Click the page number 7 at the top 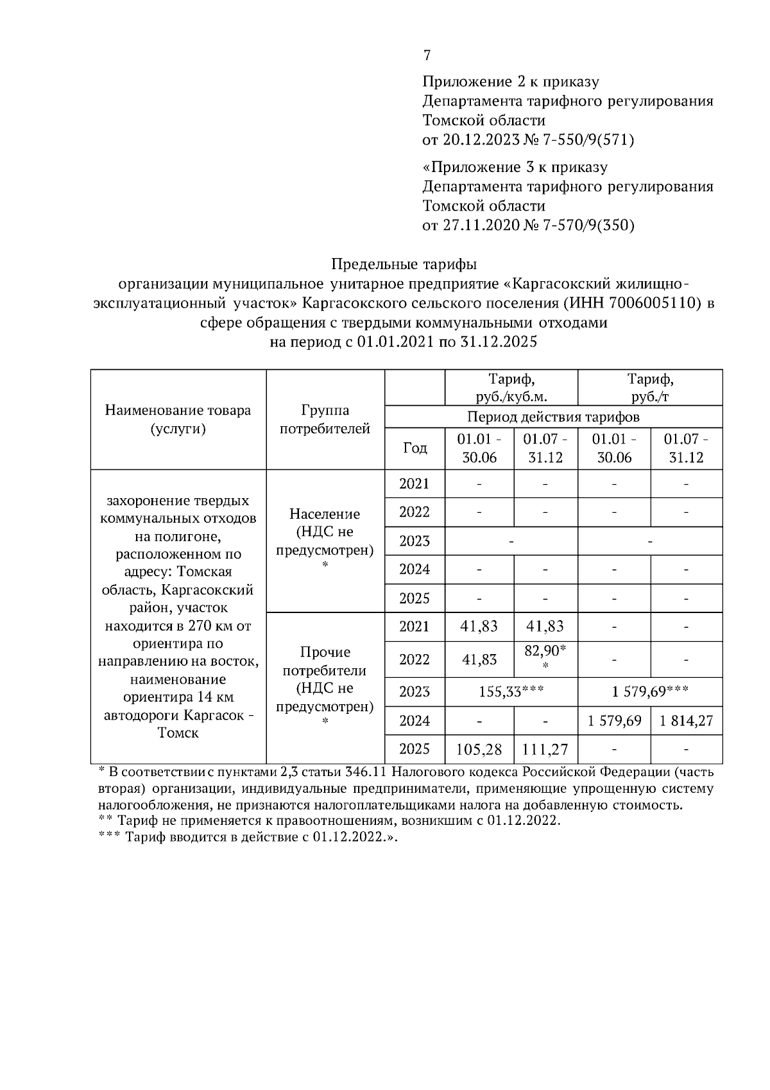[x=427, y=56]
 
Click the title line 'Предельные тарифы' [x=404, y=264]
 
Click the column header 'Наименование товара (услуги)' [x=178, y=419]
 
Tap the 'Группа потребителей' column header [x=325, y=419]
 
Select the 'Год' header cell [x=415, y=447]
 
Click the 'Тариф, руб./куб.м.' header [x=511, y=387]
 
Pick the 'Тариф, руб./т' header [x=649, y=387]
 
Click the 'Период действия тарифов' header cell [x=553, y=417]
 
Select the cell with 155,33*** [x=511, y=692]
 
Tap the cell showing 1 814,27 [x=686, y=721]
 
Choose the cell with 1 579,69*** [x=649, y=692]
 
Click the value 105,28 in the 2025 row [x=479, y=749]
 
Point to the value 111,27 [x=545, y=749]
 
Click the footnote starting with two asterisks [x=329, y=821]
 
